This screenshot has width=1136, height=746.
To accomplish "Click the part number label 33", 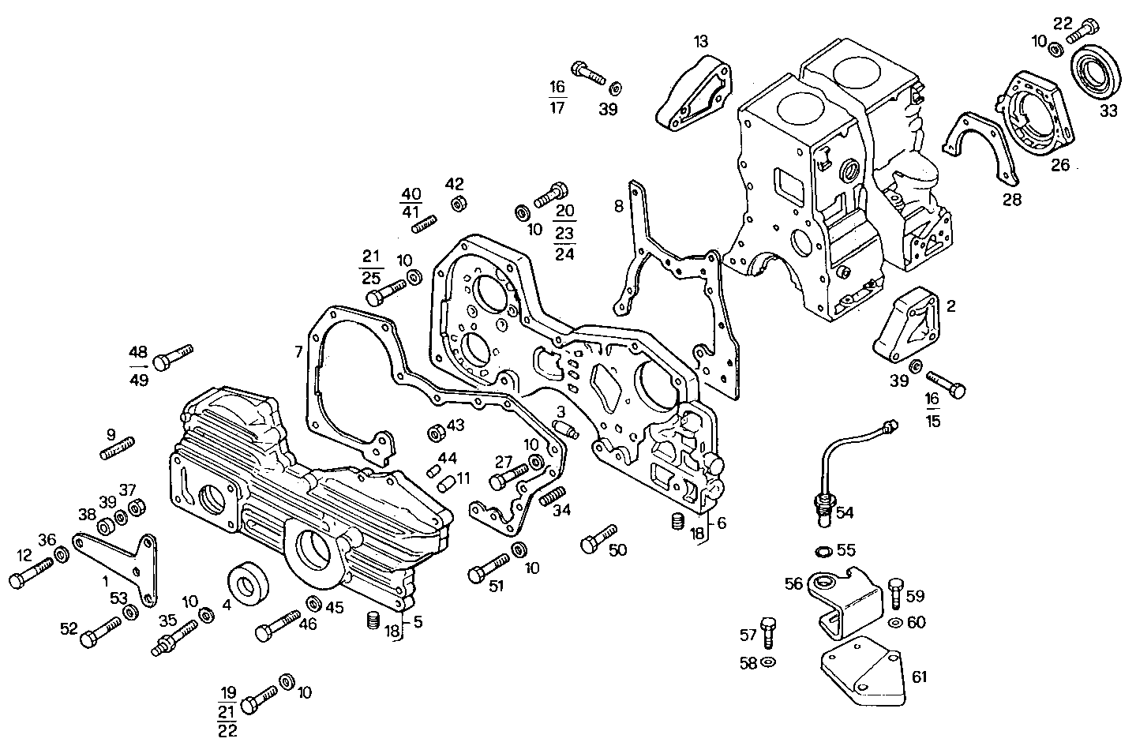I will coord(1108,111).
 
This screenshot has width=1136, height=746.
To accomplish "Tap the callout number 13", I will coord(702,40).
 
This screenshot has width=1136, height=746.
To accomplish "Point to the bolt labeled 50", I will coord(598,541).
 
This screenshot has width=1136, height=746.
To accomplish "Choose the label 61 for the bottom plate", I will coord(920,677).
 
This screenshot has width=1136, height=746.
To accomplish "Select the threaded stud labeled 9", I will coord(118,449).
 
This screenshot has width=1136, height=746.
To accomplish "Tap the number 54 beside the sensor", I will coord(845,513).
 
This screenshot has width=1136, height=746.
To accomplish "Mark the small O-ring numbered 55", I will coord(822,549).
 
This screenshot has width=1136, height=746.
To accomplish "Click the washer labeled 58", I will coord(768,661).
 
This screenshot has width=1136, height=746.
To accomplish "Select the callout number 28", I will coord(1011,200).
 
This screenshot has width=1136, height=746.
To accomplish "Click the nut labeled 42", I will coord(456,204).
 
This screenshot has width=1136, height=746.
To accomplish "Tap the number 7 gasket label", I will coord(298,351).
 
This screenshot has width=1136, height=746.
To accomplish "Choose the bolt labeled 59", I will coord(894,591).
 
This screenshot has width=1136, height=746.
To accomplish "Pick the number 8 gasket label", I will coord(619,207).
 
